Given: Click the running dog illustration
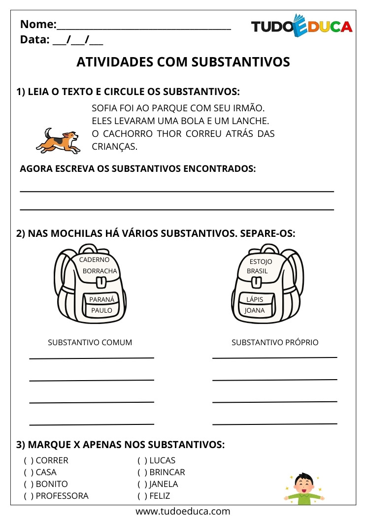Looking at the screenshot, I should [57, 140].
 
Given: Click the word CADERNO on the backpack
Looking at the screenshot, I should [94, 259].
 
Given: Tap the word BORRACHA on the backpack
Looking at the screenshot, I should [100, 271].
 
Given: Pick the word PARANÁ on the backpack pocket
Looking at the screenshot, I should [102, 299].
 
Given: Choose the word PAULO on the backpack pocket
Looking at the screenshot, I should [102, 310].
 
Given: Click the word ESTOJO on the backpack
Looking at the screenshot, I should [261, 261].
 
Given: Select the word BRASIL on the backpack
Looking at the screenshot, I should [258, 271].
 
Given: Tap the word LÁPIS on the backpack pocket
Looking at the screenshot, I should [255, 299].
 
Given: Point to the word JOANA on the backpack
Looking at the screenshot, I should [255, 310].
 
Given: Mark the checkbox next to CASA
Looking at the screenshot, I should [28, 472].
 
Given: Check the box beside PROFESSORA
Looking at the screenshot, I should [28, 496].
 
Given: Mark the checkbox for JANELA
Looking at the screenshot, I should [142, 484].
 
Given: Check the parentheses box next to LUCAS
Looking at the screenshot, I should [142, 460].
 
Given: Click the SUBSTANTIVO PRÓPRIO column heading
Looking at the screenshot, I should [275, 342].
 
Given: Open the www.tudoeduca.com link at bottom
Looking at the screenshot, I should [183, 511].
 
